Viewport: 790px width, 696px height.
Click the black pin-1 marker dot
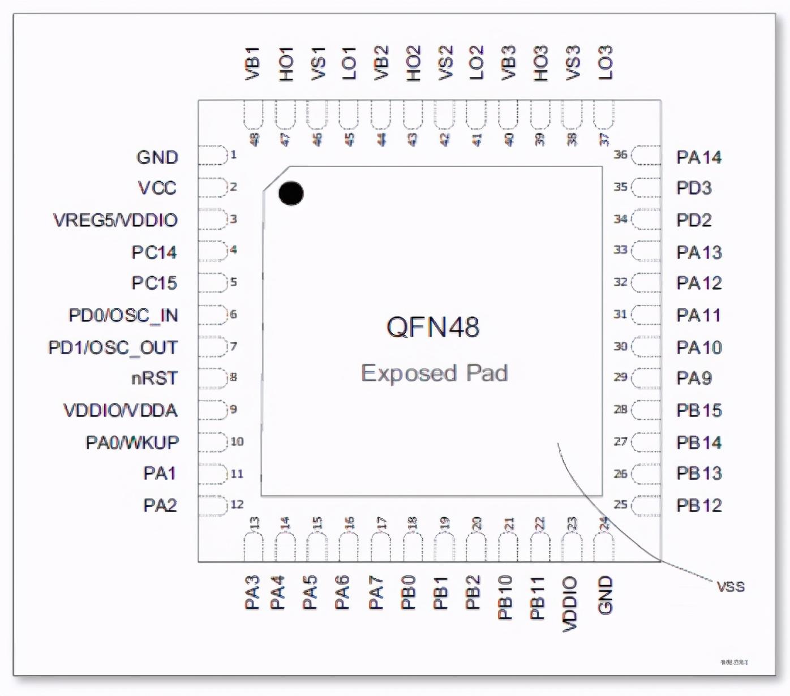click(x=291, y=194)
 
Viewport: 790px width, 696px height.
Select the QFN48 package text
click(x=433, y=327)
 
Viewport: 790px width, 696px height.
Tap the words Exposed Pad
click(x=434, y=373)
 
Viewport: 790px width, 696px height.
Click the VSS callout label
click(x=731, y=587)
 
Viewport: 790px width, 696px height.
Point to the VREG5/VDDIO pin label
click(x=115, y=220)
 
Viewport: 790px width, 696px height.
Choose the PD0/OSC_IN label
click(x=123, y=315)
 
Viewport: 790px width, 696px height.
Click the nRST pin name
click(x=154, y=378)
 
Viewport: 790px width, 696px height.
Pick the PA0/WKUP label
click(x=132, y=442)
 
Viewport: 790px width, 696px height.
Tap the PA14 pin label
click(x=699, y=157)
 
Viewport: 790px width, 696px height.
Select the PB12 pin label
click(x=699, y=505)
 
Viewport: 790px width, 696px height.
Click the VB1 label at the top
click(x=252, y=63)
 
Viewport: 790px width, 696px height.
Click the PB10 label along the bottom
click(x=505, y=597)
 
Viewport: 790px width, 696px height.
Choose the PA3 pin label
click(x=252, y=592)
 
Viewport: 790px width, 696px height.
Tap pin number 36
click(x=621, y=154)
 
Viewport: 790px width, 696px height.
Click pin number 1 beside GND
click(x=233, y=154)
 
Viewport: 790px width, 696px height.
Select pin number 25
click(x=621, y=504)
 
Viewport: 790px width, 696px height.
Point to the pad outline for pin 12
click(x=212, y=505)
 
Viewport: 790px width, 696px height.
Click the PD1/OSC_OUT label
click(x=113, y=347)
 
